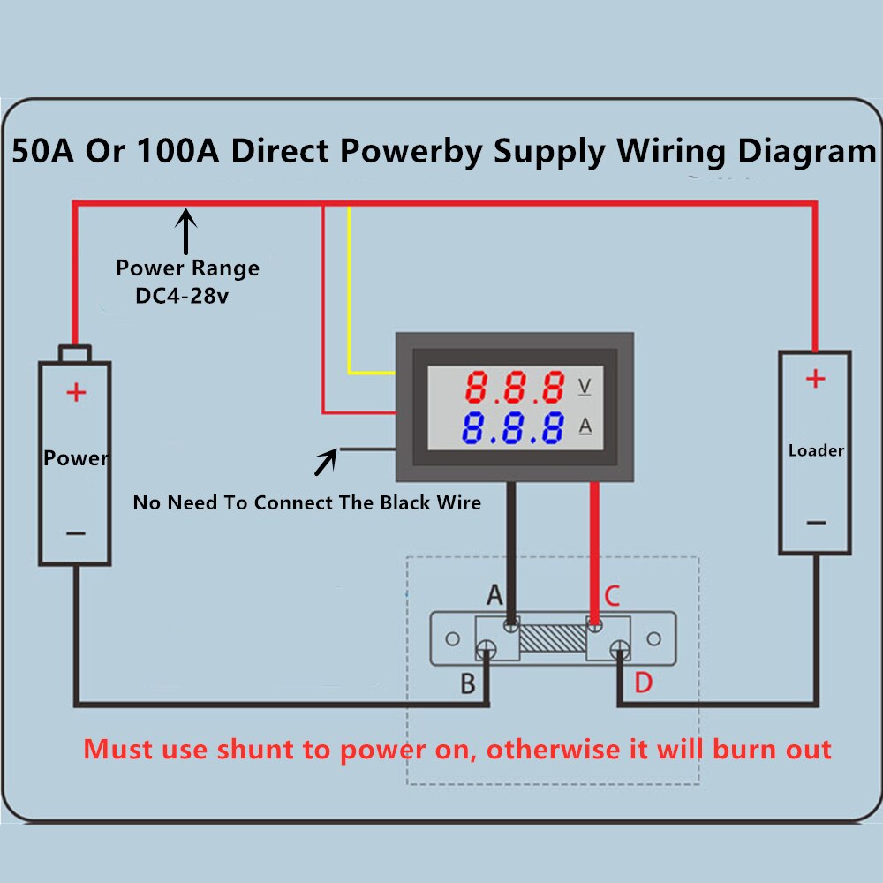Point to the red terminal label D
point(643,683)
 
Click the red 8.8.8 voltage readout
point(516,387)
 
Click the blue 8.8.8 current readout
point(516,427)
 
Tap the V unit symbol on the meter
point(585,386)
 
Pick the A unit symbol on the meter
point(585,426)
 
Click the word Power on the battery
point(76,458)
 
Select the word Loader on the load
point(816,450)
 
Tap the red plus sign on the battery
point(77,392)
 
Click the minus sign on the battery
point(76,532)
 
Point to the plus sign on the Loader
point(815,379)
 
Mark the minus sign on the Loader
point(816,523)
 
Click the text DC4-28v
point(182,297)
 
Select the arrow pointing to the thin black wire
point(326,462)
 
